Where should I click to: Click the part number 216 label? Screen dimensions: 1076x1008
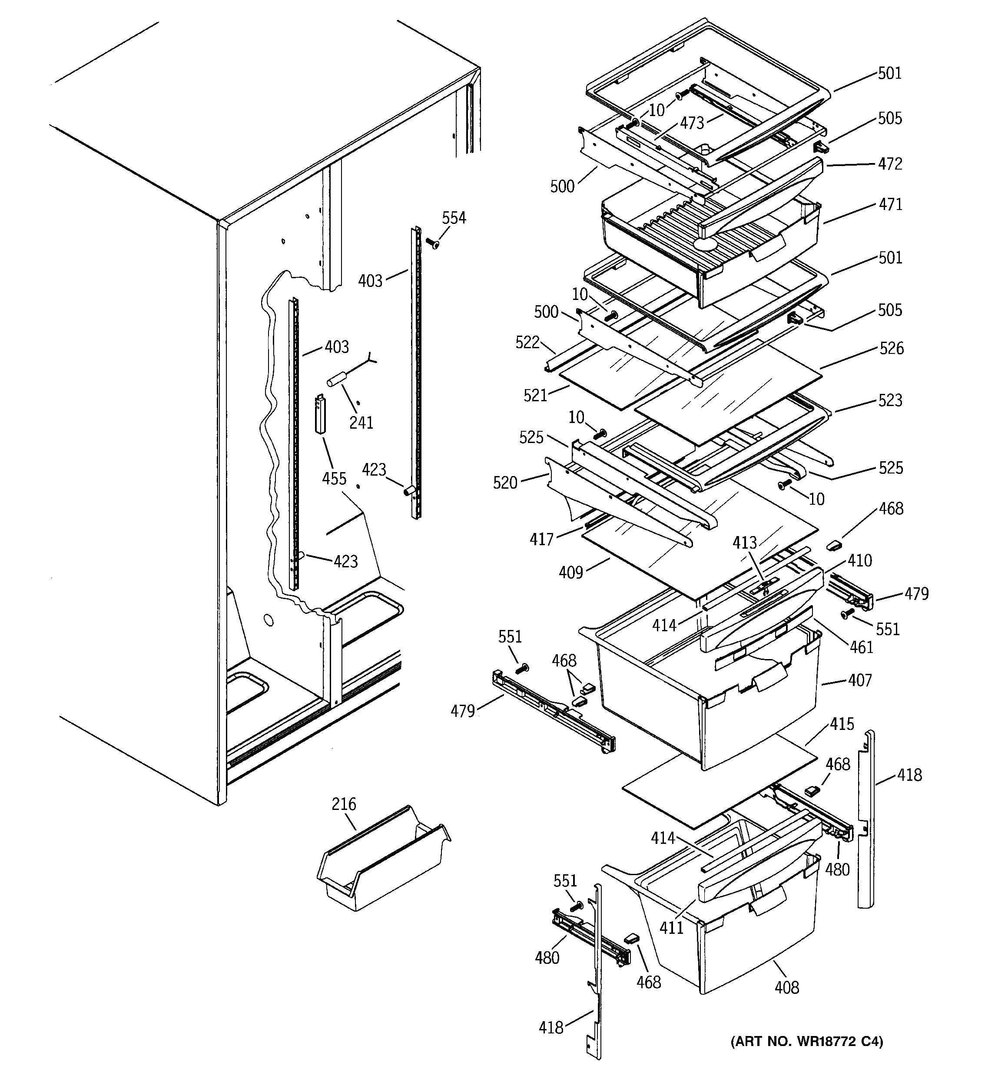point(344,804)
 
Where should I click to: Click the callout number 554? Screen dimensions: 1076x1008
point(454,218)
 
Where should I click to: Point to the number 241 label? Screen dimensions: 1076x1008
point(361,422)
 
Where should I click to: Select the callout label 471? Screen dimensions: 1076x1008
point(890,205)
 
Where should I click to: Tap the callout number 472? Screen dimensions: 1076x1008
point(890,163)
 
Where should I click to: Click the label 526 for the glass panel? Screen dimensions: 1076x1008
point(891,348)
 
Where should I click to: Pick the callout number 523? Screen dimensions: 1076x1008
point(890,400)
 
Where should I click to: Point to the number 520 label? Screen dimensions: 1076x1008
point(505,482)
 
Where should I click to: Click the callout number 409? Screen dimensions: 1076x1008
point(571,572)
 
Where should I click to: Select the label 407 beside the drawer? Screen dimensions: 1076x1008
point(860,680)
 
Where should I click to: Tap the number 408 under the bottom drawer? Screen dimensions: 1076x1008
point(786,988)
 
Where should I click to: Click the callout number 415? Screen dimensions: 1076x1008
point(842,724)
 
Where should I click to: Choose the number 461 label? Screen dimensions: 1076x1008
point(861,647)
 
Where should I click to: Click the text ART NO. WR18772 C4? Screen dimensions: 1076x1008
point(806,1041)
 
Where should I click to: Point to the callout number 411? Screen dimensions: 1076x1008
point(671,928)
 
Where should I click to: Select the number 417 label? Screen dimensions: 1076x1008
point(542,539)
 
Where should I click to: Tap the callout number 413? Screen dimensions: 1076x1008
point(745,543)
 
